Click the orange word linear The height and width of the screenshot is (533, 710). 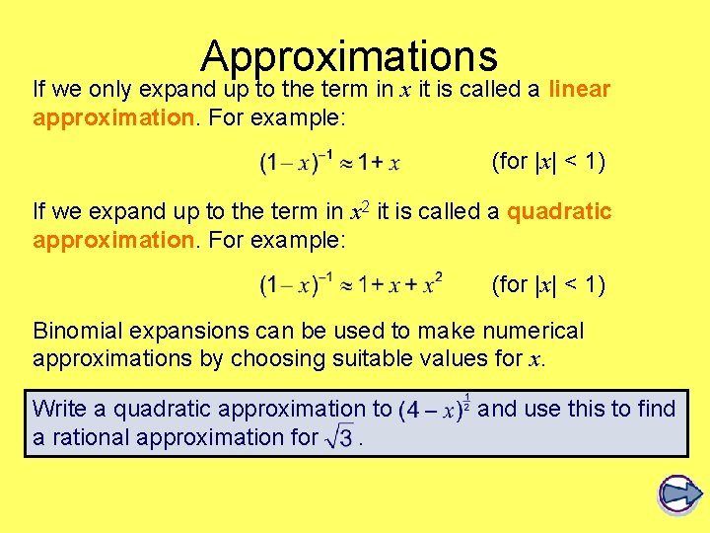(x=580, y=90)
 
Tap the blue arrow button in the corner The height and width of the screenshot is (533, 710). (x=678, y=495)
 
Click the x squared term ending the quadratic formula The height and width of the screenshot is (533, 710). (x=430, y=285)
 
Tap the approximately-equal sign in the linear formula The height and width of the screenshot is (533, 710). (x=340, y=162)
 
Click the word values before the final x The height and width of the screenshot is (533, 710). (x=480, y=358)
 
